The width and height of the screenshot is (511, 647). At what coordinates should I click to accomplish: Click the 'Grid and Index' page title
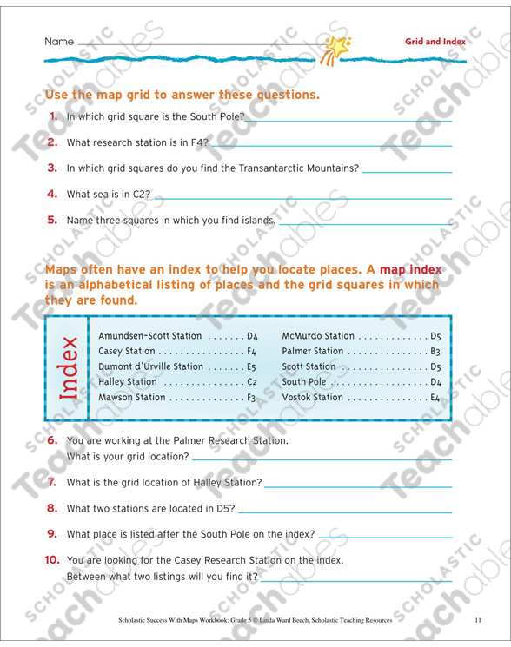click(435, 42)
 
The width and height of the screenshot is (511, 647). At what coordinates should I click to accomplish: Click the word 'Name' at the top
click(59, 42)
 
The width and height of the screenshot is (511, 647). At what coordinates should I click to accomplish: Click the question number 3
click(51, 168)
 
